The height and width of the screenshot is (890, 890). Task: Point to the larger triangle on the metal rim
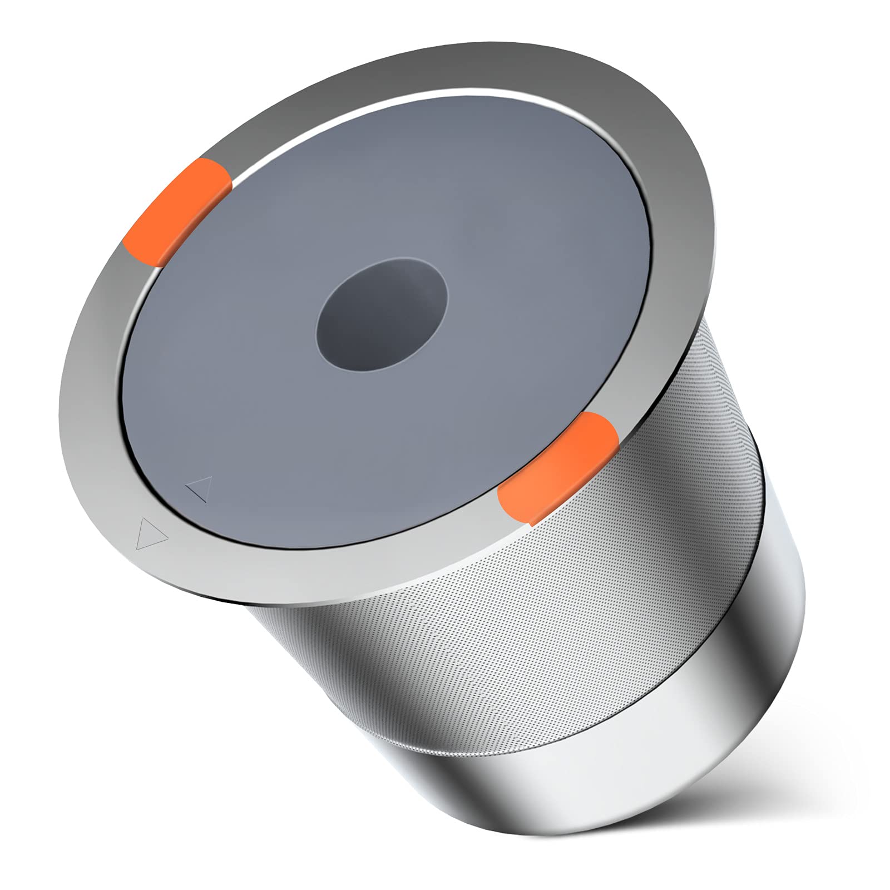tap(150, 533)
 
